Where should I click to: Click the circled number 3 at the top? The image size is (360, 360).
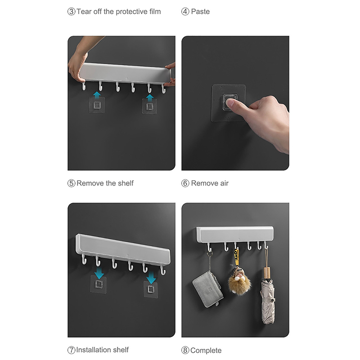[x=71, y=12]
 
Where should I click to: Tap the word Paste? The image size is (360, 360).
[x=200, y=12]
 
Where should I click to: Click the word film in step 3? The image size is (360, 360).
[x=155, y=12]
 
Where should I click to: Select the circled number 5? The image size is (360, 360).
[x=71, y=183]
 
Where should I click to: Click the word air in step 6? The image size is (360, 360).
[x=224, y=183]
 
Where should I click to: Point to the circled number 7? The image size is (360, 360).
[x=71, y=350]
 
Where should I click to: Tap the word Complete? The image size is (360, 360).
[x=206, y=351]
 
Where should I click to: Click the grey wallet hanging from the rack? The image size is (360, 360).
[x=207, y=289]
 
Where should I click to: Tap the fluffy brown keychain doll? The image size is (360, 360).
[x=239, y=281]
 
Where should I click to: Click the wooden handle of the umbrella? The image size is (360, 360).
[x=267, y=273]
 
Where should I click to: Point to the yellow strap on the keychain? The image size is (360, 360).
[x=236, y=257]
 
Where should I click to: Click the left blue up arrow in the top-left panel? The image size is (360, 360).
[x=97, y=95]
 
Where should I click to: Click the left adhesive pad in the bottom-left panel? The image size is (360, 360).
[x=98, y=284]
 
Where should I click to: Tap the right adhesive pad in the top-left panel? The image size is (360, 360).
[x=150, y=106]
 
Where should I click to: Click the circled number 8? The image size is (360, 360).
[x=185, y=351]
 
